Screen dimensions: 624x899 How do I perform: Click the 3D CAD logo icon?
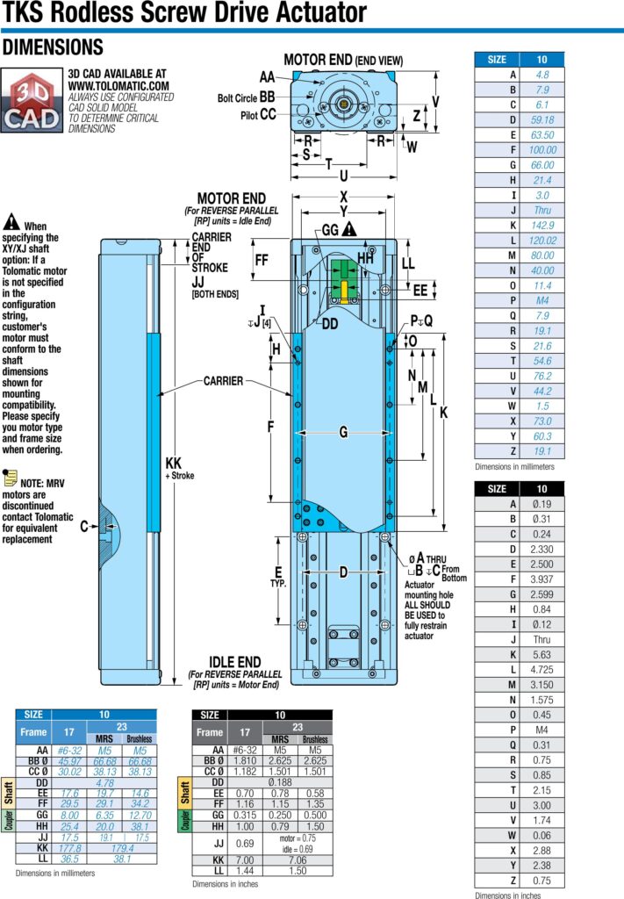click(32, 100)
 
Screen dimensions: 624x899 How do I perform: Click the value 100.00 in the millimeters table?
click(542, 149)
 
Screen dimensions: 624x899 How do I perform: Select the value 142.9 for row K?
click(542, 226)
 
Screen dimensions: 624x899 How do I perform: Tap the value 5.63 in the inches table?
click(542, 655)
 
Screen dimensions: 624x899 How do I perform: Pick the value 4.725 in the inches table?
click(542, 670)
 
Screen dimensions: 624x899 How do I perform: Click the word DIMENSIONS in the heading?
click(53, 47)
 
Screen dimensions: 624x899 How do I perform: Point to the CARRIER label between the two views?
click(224, 381)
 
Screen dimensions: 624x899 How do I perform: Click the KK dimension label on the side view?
click(173, 464)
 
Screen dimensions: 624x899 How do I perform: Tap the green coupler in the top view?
click(343, 278)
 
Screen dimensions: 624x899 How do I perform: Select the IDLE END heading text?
click(235, 662)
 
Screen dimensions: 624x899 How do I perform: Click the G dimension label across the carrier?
click(343, 432)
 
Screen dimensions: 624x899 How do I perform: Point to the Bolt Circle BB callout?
click(246, 97)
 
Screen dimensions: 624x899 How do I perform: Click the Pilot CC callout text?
click(258, 115)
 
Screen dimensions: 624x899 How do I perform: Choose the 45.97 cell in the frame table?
click(69, 761)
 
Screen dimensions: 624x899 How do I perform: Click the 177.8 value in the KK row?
click(69, 848)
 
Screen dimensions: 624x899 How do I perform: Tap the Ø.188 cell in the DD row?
click(280, 782)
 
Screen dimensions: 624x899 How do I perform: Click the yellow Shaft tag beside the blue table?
click(8, 792)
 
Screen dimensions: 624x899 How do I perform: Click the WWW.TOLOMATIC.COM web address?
click(118, 85)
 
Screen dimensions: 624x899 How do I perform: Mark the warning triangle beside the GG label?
click(349, 230)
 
